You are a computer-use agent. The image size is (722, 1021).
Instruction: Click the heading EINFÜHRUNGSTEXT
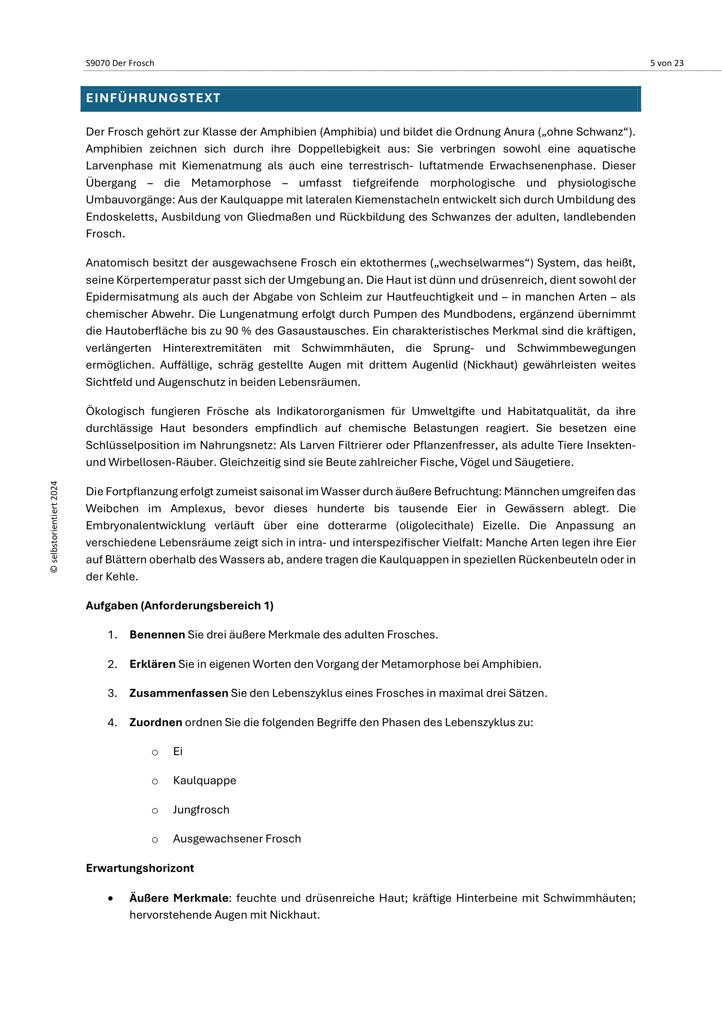tap(153, 98)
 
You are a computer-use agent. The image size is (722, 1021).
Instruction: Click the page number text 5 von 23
tap(667, 63)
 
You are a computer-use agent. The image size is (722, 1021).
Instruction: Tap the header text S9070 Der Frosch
tap(120, 63)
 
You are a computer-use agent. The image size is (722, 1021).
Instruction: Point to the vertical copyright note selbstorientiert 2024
tap(54, 526)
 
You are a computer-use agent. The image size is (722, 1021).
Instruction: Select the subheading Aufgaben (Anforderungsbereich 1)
tap(179, 606)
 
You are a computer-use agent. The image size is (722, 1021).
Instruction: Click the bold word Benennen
tap(157, 635)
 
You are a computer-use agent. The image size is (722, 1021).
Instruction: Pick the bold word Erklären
tap(152, 664)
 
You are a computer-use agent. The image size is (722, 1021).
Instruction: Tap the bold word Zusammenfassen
tap(179, 693)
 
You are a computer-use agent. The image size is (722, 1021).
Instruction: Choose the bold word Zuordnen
tap(155, 722)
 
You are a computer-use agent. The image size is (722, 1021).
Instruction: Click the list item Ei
tap(178, 752)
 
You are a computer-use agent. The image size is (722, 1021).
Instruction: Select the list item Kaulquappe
tap(204, 780)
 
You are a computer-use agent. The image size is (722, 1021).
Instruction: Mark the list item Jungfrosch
tap(201, 810)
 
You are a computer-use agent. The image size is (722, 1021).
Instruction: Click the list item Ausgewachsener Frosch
tap(237, 839)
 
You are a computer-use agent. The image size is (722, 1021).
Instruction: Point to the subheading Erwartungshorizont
tap(140, 868)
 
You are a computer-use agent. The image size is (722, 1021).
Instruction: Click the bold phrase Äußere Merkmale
tap(179, 898)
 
